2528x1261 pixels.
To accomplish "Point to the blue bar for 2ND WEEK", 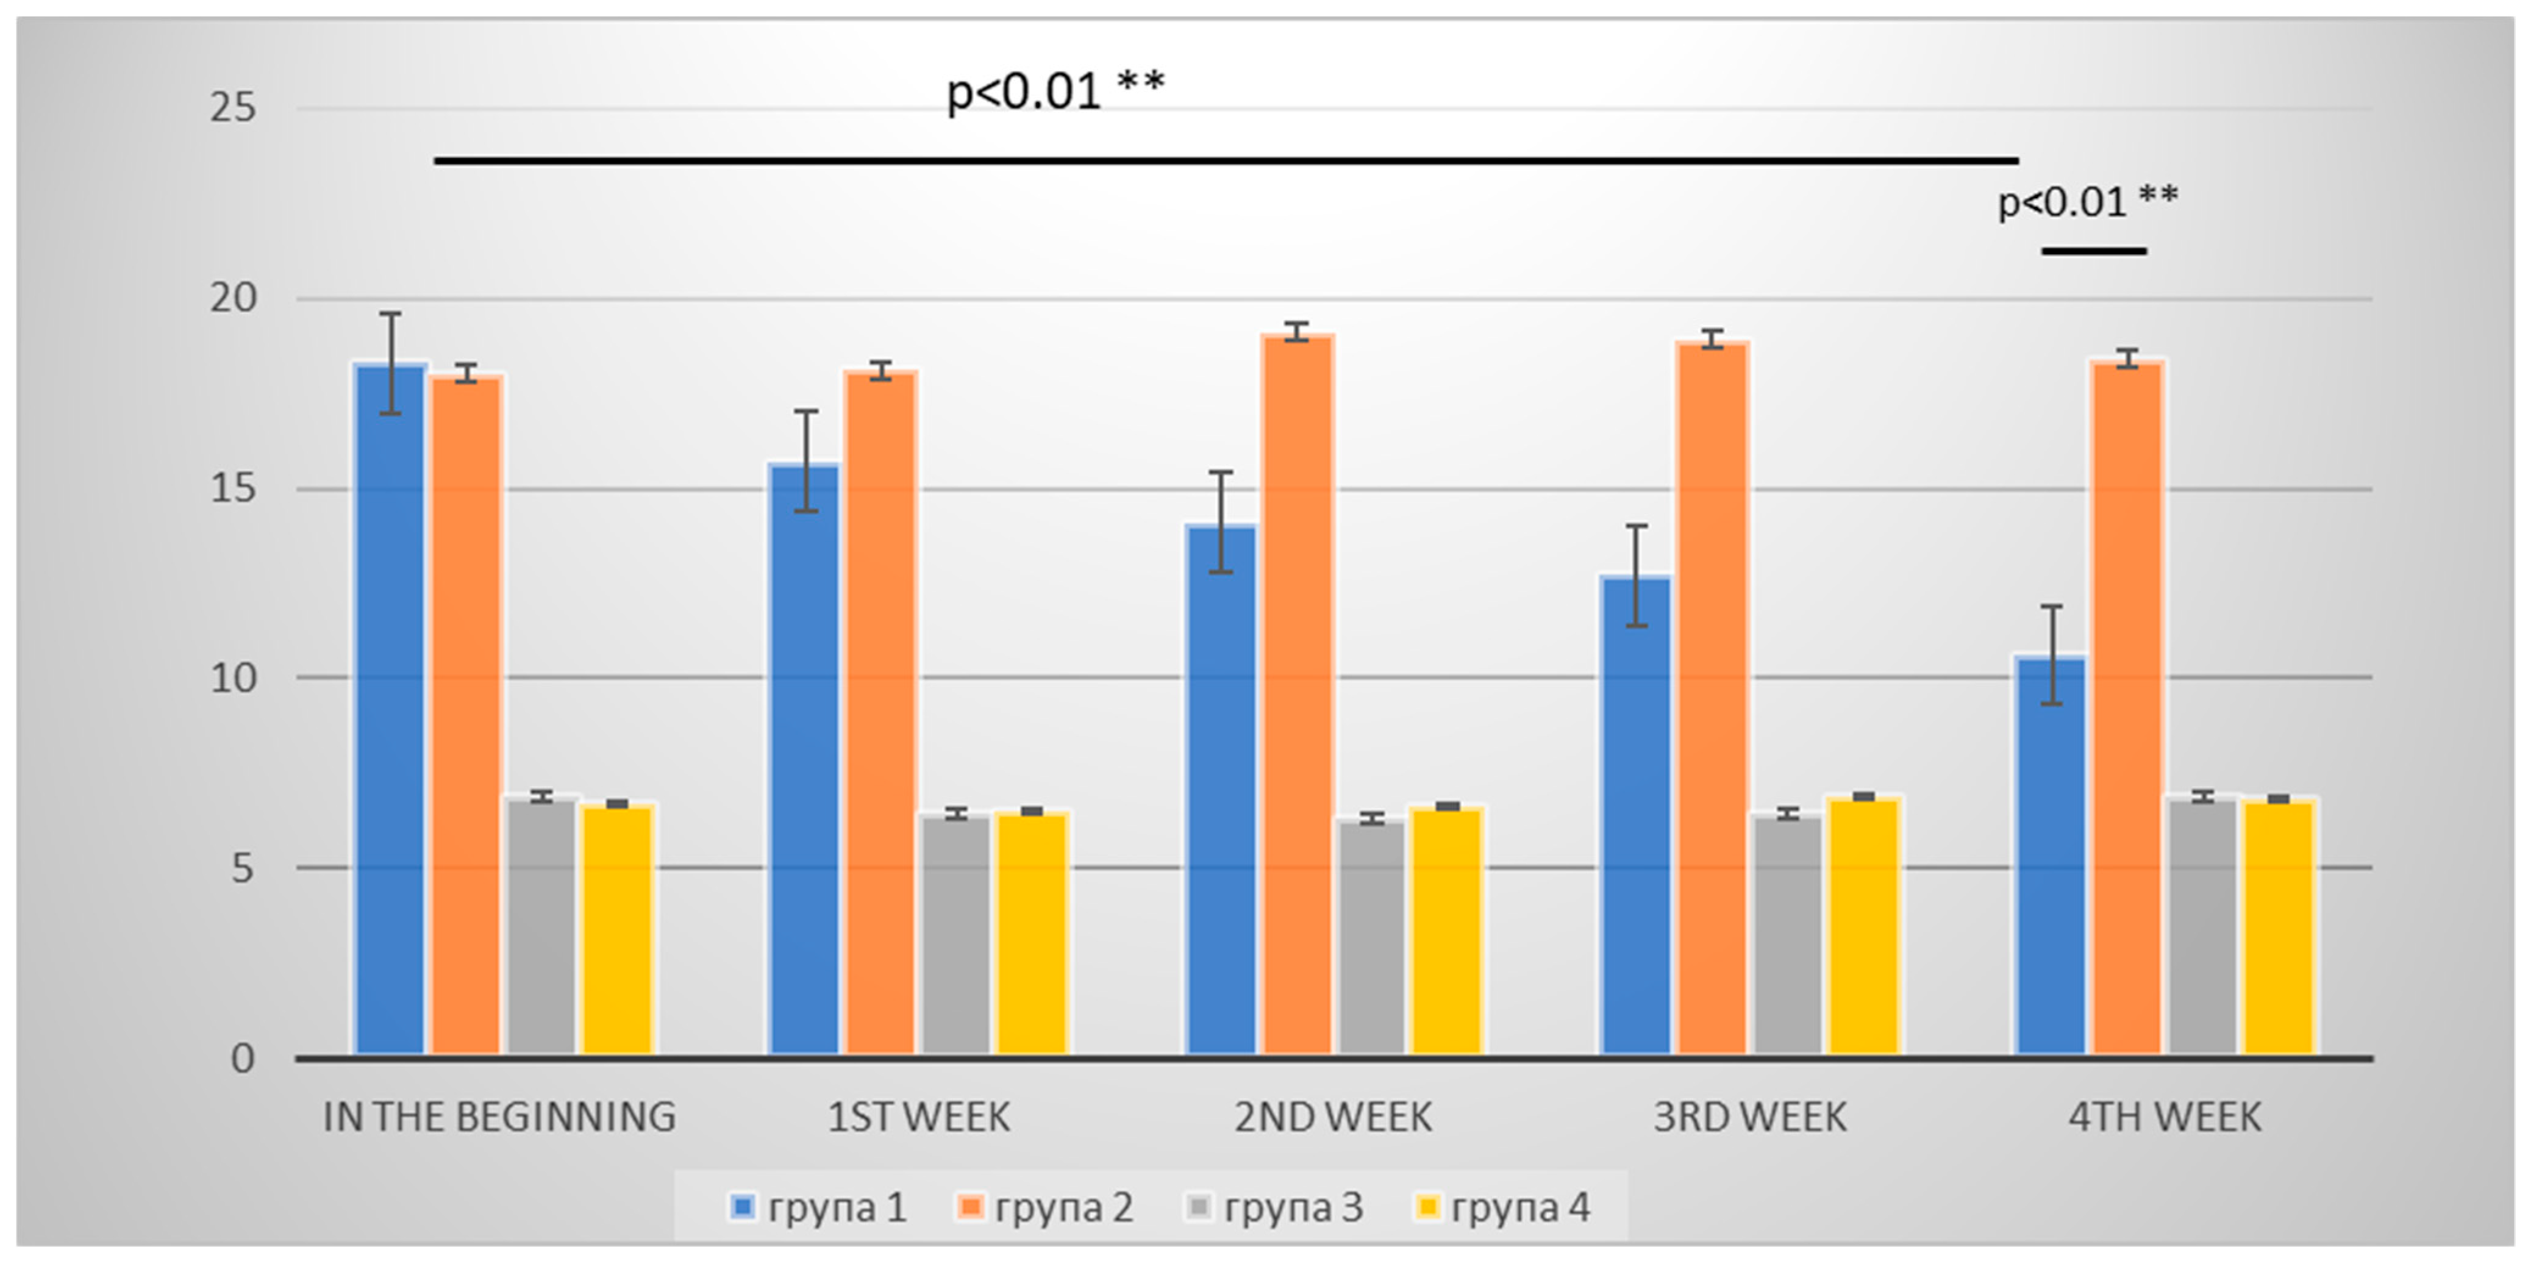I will click(x=1221, y=791).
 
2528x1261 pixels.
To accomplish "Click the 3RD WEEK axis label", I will click(x=1750, y=1116).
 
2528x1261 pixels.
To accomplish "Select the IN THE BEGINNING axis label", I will click(x=499, y=1116).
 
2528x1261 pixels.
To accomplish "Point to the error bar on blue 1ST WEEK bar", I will click(x=805, y=461).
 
